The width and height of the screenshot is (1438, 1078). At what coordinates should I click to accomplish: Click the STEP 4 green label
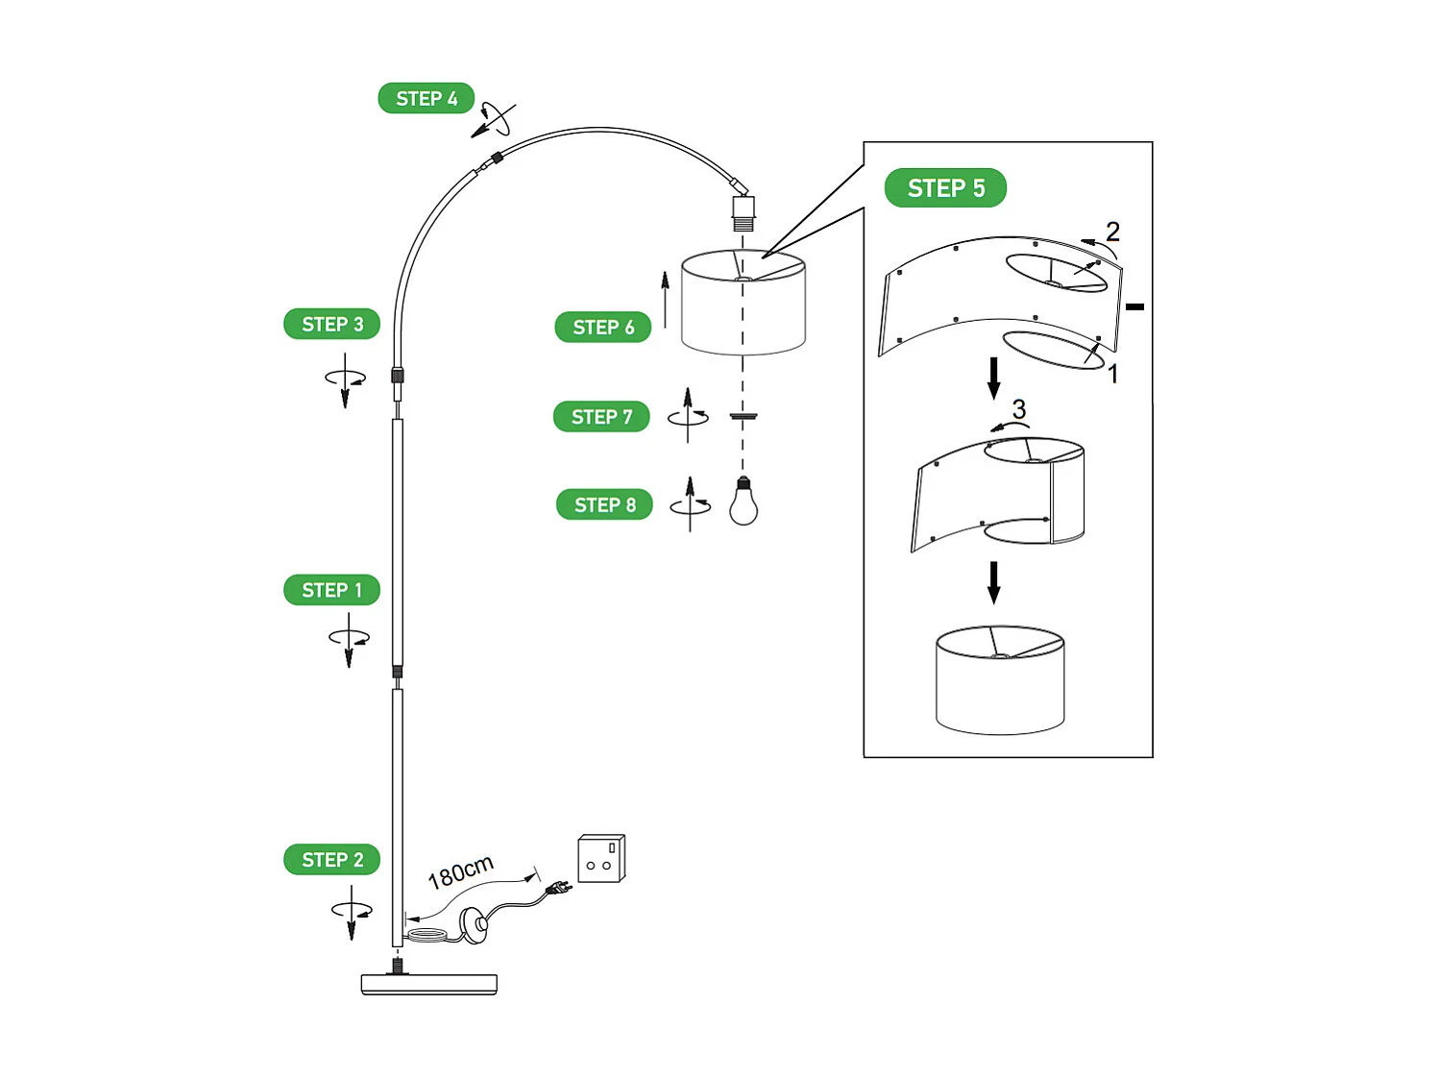(x=426, y=98)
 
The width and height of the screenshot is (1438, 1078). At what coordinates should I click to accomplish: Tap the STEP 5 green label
(x=945, y=188)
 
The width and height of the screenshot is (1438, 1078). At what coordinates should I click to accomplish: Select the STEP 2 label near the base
(x=331, y=860)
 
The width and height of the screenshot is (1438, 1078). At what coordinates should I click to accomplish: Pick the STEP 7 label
(x=601, y=417)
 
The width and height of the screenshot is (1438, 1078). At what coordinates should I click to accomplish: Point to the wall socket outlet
(x=601, y=858)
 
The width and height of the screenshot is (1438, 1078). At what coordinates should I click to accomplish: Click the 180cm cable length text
(x=460, y=872)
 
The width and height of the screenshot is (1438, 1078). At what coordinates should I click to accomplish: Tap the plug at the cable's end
(x=558, y=891)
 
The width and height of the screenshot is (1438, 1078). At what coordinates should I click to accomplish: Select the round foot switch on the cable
(x=475, y=924)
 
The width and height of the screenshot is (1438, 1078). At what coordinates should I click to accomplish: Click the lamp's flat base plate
(x=428, y=984)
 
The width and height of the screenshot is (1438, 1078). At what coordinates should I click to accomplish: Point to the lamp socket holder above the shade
(x=743, y=212)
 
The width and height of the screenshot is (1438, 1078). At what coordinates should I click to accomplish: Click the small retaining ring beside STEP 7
(x=743, y=416)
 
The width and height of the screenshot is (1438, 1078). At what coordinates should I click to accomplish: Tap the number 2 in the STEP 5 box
(x=1112, y=232)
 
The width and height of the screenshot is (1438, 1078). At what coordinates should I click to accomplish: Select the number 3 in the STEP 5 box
(x=1019, y=409)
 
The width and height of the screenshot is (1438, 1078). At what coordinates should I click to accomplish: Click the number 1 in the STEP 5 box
(x=1113, y=374)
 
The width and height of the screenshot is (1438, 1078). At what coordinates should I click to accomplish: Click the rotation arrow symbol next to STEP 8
(x=690, y=503)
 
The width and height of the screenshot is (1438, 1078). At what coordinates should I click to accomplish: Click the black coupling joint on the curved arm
(x=497, y=158)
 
